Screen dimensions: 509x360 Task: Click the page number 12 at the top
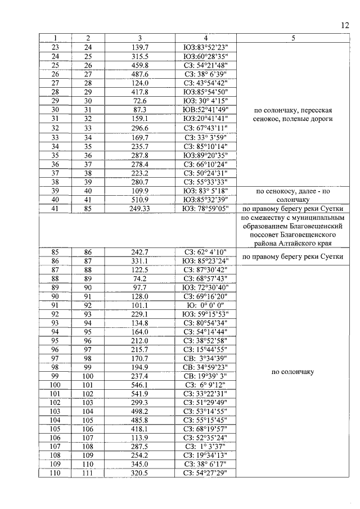click(344, 25)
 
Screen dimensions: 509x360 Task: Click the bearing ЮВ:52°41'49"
click(205, 110)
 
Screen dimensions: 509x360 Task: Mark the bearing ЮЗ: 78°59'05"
click(205, 209)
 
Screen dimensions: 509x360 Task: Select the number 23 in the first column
click(56, 47)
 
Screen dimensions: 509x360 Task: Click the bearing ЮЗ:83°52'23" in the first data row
click(205, 47)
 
